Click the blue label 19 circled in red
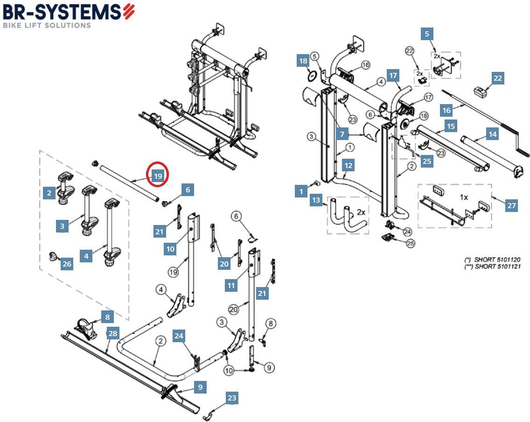pyautogui.click(x=158, y=176)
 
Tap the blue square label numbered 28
pyautogui.click(x=113, y=333)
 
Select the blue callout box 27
pyautogui.click(x=511, y=205)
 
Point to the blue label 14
pyautogui.click(x=492, y=134)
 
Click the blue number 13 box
pyautogui.click(x=316, y=200)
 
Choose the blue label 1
pyautogui.click(x=301, y=191)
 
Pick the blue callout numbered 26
pyautogui.click(x=67, y=264)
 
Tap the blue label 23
pyautogui.click(x=232, y=398)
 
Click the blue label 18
pyautogui.click(x=303, y=61)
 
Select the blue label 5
pyautogui.click(x=426, y=34)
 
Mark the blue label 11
pyautogui.click(x=231, y=285)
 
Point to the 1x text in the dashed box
pyautogui.click(x=463, y=197)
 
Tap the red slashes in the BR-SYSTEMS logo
pyautogui.click(x=129, y=11)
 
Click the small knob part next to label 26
pyautogui.click(x=54, y=256)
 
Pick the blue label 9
pyautogui.click(x=200, y=387)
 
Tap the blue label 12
pyautogui.click(x=348, y=165)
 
